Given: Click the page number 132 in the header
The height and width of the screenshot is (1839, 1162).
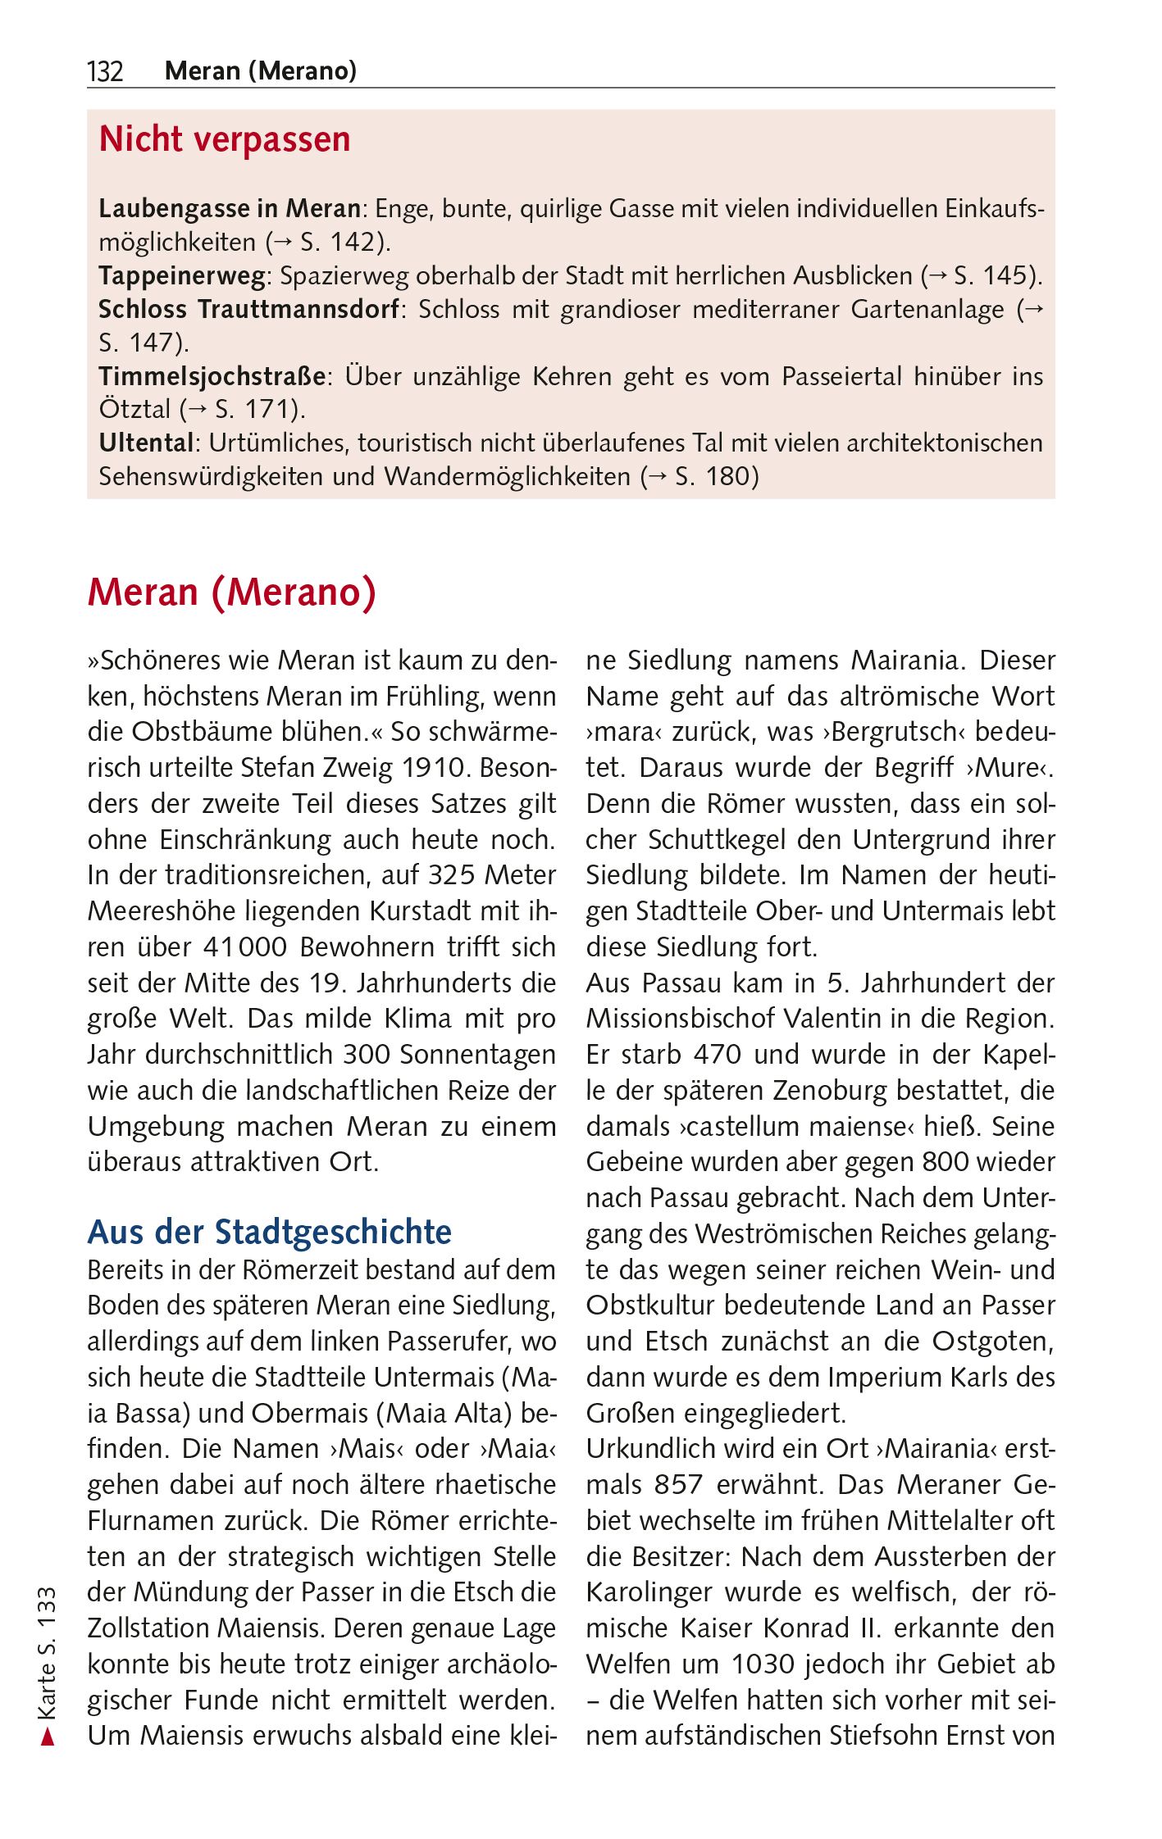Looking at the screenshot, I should tap(105, 72).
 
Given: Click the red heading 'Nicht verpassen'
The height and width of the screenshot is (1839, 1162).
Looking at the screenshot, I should tap(224, 140).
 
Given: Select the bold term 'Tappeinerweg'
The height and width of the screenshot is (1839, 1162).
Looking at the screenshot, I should tap(181, 276).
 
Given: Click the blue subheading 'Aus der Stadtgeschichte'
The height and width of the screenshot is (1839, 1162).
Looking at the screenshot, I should tap(270, 1232).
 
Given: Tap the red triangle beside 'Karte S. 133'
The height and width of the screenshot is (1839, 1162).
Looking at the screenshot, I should tap(48, 1736).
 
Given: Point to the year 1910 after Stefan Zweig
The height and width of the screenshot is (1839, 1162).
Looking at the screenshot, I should tap(434, 768).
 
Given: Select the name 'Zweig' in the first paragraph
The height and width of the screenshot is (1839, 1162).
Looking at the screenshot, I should tap(358, 768).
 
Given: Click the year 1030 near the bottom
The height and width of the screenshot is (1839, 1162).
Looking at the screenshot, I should tap(763, 1664).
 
